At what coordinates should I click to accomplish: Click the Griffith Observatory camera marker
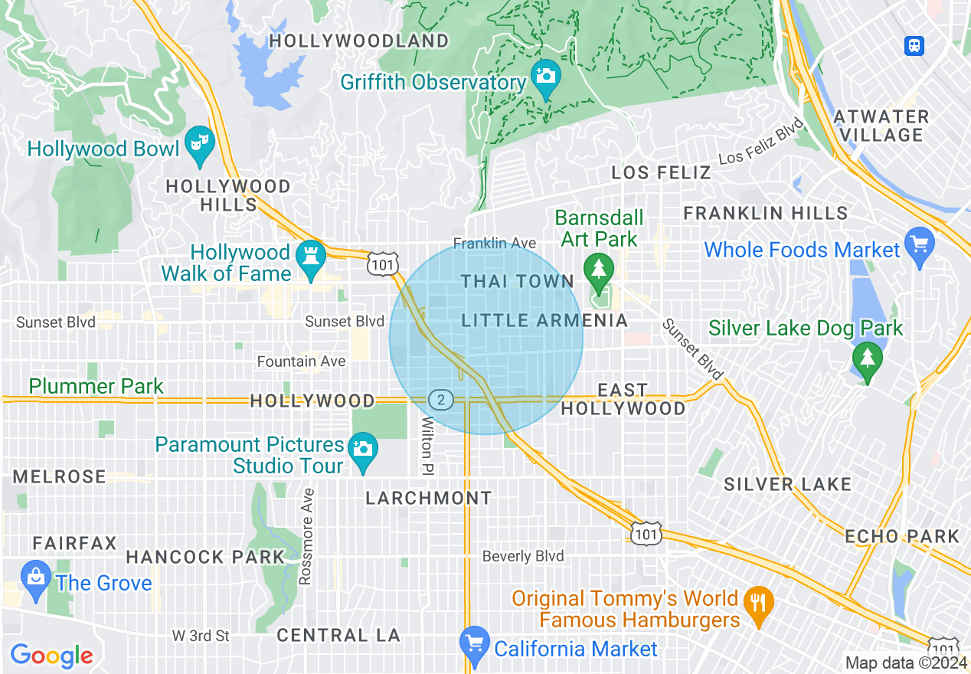545,77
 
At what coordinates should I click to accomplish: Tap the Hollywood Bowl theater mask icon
199,143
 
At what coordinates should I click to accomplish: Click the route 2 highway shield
441,399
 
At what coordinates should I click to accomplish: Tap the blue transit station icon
914,46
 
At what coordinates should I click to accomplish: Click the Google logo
51,656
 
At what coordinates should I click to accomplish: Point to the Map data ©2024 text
906,663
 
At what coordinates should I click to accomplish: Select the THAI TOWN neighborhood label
517,282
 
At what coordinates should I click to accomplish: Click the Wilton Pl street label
427,445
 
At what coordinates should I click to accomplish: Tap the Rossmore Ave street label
306,536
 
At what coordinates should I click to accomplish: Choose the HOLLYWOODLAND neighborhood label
359,41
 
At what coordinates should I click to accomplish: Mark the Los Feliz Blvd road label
761,141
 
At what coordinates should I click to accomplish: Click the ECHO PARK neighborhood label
902,536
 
